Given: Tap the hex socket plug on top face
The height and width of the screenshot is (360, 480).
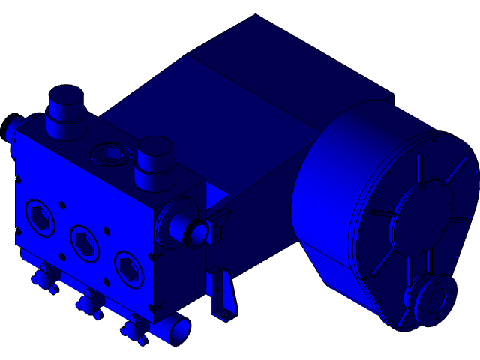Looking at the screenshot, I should (111, 154).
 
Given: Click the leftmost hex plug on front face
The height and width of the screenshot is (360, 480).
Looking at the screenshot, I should (40, 217).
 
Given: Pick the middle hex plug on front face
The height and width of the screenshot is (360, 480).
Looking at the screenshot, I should (85, 242).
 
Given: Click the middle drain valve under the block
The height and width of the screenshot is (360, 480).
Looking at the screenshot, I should (89, 304).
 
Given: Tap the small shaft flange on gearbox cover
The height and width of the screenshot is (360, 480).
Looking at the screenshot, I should (433, 298).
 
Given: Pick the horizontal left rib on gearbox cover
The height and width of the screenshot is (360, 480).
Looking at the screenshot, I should (380, 213).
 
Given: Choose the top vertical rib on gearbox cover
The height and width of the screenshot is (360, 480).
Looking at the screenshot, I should (418, 166).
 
